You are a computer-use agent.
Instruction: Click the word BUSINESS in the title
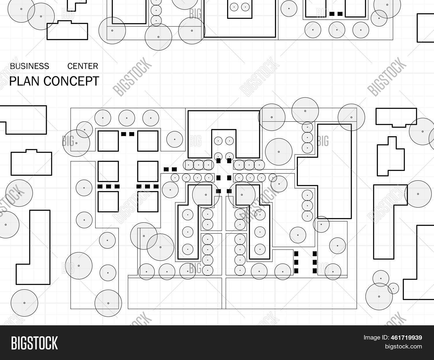point(30,66)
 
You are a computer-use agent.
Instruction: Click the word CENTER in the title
point(83,66)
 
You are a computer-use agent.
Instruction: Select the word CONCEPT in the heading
point(71,81)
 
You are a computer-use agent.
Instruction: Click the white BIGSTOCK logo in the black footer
point(34,343)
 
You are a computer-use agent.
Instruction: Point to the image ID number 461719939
point(406,337)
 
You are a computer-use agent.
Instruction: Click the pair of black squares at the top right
point(336,14)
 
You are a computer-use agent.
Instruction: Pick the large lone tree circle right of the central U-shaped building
point(279,152)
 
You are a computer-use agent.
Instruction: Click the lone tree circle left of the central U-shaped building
point(175,139)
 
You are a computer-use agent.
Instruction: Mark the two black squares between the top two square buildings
point(128,134)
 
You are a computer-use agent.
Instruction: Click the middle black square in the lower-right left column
point(296,262)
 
